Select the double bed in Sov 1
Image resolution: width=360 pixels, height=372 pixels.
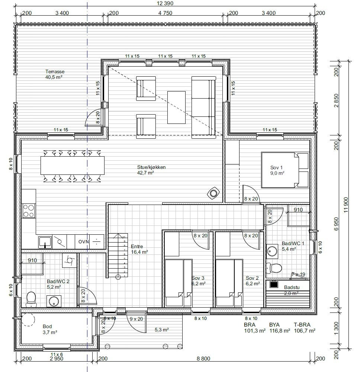tap(285, 170)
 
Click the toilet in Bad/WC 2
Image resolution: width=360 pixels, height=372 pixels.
tap(31, 299)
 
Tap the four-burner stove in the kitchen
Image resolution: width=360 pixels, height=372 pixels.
tap(28, 211)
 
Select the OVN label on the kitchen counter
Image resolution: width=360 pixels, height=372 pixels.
tap(83, 242)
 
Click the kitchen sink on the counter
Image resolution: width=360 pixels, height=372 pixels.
tap(45, 242)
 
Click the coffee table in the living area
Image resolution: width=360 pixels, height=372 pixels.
tap(176, 107)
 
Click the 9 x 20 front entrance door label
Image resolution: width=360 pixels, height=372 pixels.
tap(136, 318)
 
